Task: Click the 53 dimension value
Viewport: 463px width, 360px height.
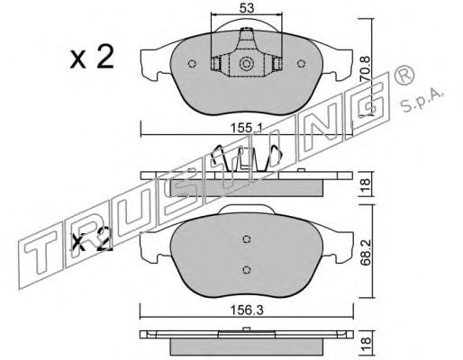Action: tap(247, 8)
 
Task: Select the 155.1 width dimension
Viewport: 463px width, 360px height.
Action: tap(247, 129)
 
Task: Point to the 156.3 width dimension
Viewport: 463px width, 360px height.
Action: tap(247, 310)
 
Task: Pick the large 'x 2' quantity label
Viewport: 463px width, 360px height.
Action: tap(92, 57)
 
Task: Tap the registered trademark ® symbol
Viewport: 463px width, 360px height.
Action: tap(404, 75)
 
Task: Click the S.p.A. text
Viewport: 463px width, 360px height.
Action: tap(422, 100)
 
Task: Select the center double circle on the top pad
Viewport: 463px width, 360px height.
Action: tap(247, 64)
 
